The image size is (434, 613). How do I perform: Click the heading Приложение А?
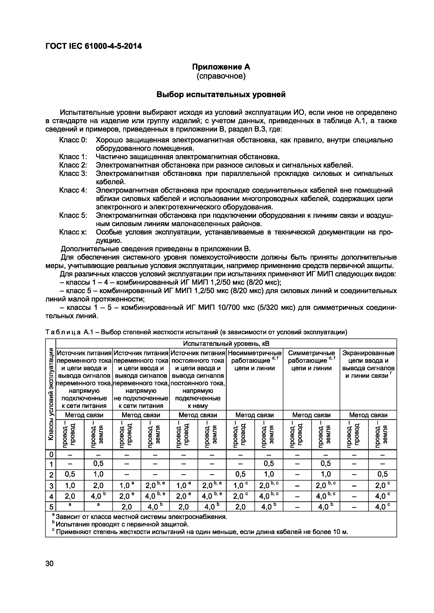(x=221, y=67)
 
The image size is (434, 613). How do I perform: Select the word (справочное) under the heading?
(x=221, y=76)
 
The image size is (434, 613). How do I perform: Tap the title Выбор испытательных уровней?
(x=221, y=95)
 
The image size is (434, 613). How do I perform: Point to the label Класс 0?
(x=73, y=140)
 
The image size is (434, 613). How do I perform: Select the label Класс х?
(x=73, y=232)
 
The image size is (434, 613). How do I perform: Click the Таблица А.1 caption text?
(x=197, y=332)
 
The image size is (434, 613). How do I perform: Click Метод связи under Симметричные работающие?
(x=311, y=415)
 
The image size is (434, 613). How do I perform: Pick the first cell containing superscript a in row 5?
(x=70, y=505)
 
